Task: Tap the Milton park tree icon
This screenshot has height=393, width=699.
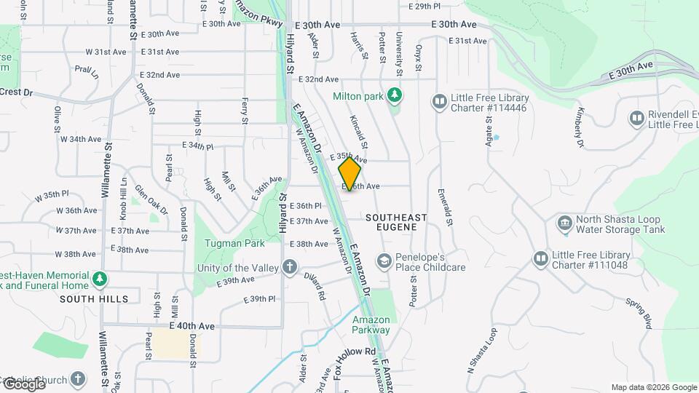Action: [x=394, y=95]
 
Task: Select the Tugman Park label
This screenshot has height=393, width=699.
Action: [x=224, y=243]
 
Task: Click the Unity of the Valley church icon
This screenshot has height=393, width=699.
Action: [x=290, y=267]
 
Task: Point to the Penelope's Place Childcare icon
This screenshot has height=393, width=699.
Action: [x=383, y=261]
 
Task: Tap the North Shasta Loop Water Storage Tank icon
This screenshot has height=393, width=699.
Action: [x=564, y=223]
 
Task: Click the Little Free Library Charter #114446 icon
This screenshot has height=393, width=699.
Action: [x=439, y=101]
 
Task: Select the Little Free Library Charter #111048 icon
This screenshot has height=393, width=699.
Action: [x=540, y=258]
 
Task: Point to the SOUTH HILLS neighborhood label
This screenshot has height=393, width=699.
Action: [x=94, y=299]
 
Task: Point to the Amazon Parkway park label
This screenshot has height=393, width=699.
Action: [x=371, y=325]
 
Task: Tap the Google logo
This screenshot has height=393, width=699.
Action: [x=24, y=384]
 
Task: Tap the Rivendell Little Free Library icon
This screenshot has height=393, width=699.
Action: [x=636, y=118]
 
